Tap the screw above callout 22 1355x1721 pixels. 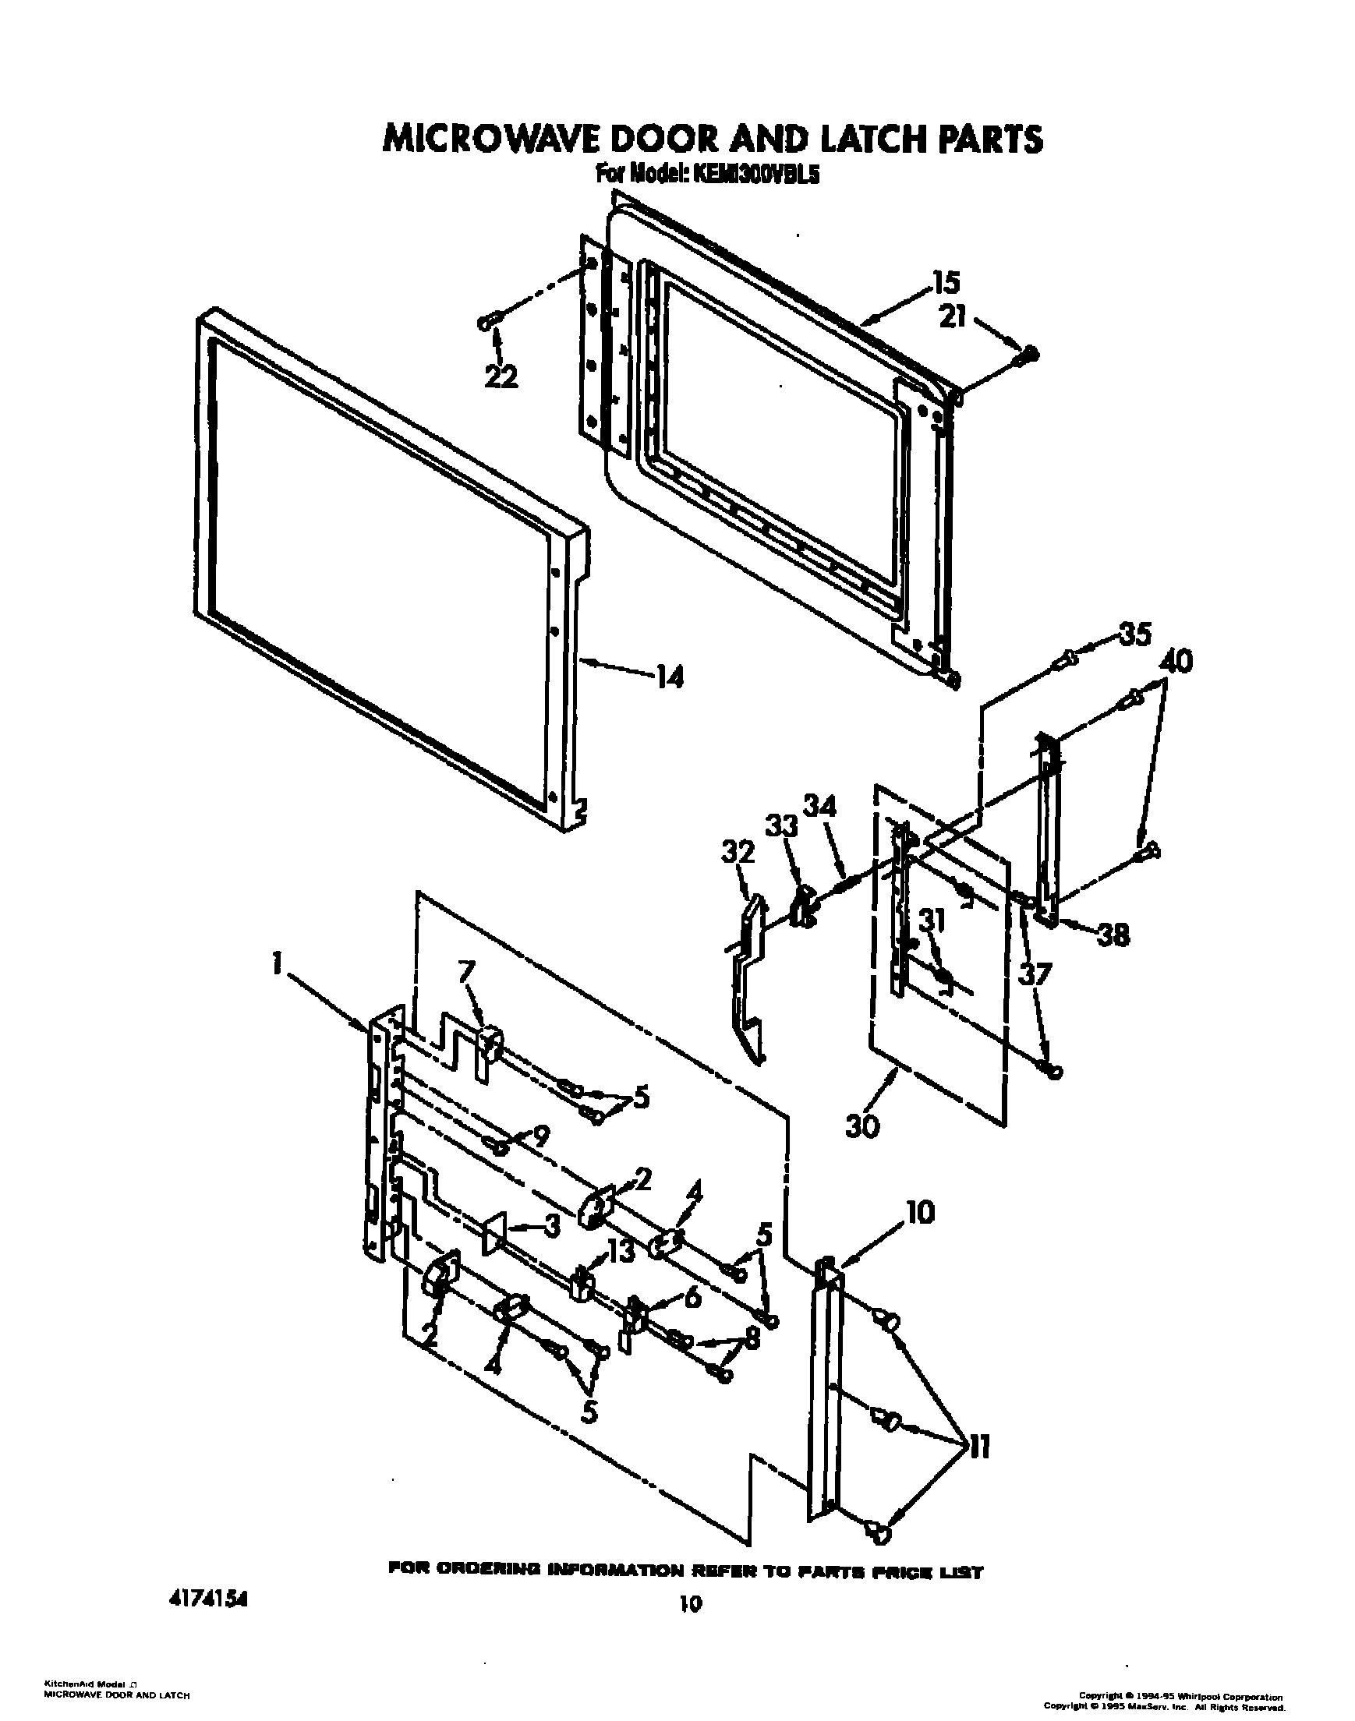tap(487, 321)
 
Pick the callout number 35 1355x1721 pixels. tap(1134, 634)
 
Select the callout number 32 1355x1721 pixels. tap(738, 853)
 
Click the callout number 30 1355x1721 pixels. tap(863, 1126)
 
